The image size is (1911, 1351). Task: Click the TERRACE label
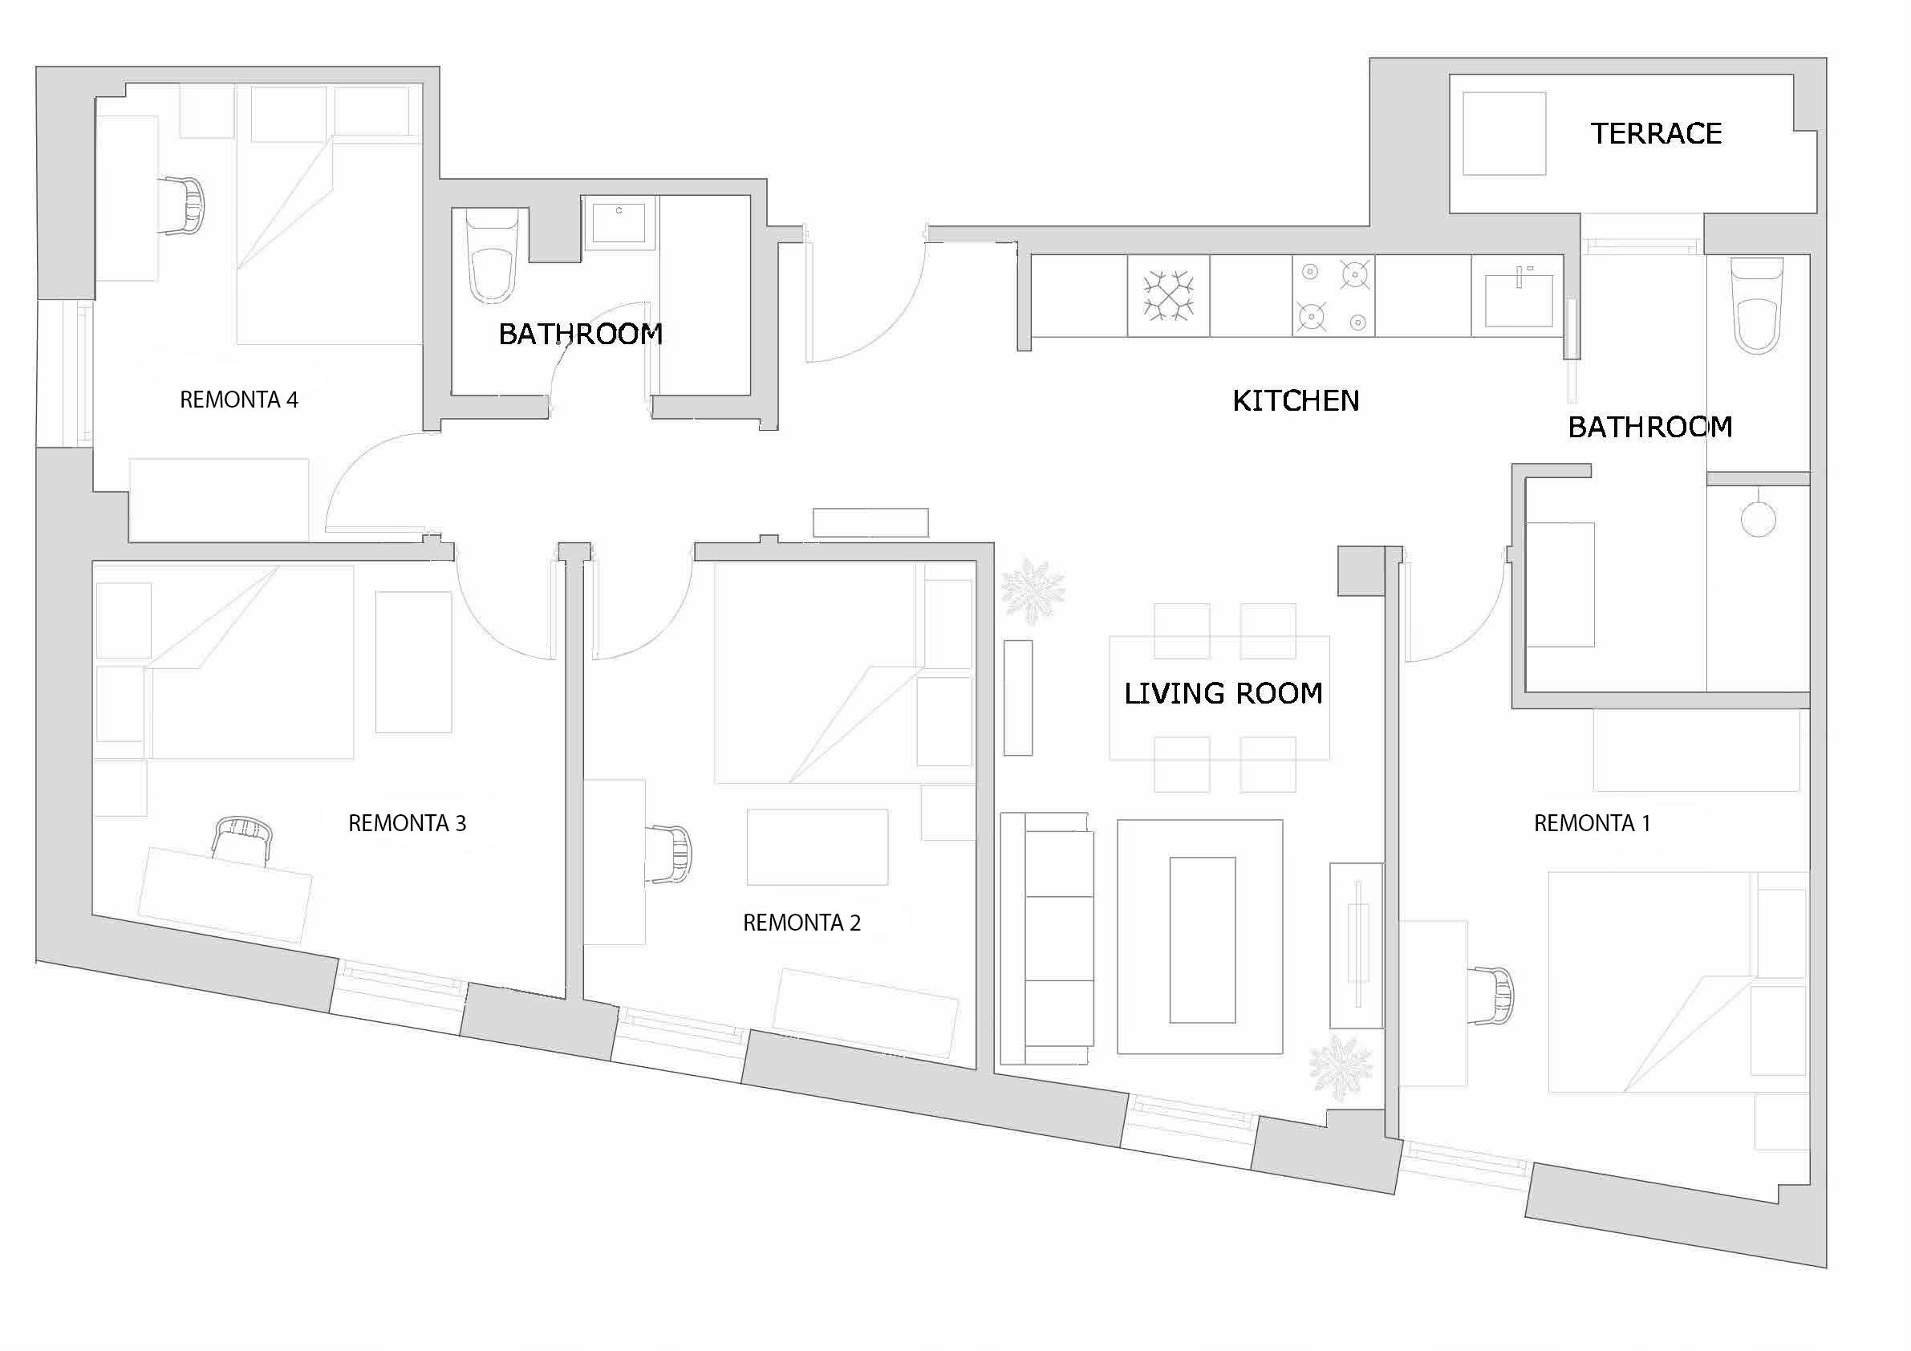[x=1656, y=133]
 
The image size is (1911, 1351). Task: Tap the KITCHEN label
[x=1295, y=400]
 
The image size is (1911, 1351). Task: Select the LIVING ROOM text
[x=1223, y=692]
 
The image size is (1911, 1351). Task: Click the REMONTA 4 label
[x=239, y=400]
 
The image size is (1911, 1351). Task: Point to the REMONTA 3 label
[x=406, y=822]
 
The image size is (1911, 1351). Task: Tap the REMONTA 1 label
[x=1592, y=822]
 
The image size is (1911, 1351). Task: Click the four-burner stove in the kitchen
[x=1333, y=295]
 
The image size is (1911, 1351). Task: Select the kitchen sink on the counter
[x=1518, y=298]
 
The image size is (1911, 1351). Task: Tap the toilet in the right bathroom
[x=1756, y=306]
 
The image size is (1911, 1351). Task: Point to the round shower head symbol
[x=1758, y=519]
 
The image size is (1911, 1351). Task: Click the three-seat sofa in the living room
[x=1047, y=938]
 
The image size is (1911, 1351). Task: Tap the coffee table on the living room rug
[x=1202, y=939]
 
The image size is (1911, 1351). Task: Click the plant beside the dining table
[x=1032, y=591]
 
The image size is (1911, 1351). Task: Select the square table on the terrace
[x=1504, y=133]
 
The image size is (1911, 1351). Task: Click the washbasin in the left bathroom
[x=619, y=221]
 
